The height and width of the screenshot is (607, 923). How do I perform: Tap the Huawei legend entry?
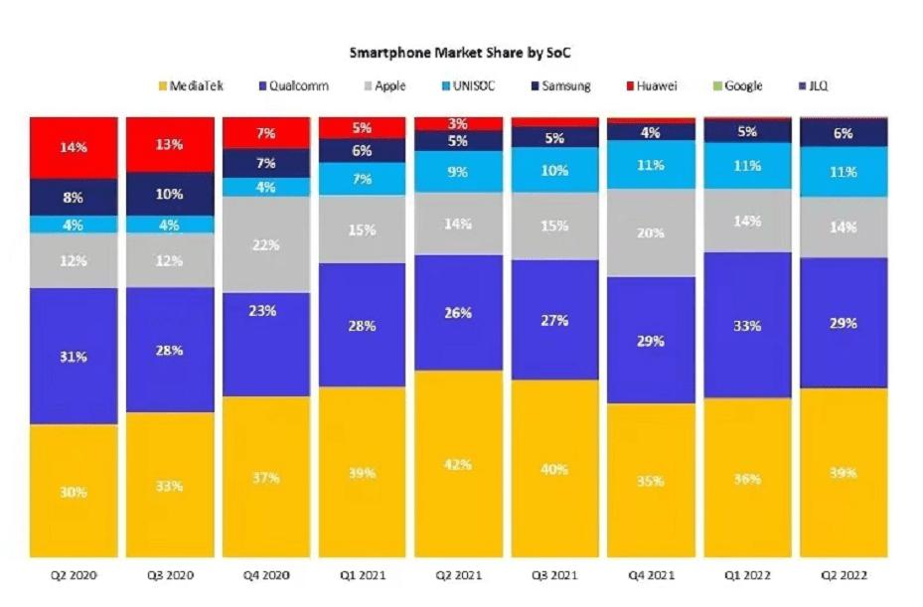pos(652,85)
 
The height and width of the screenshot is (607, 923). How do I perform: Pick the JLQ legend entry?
pos(813,85)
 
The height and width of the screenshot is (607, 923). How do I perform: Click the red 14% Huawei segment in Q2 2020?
pos(74,147)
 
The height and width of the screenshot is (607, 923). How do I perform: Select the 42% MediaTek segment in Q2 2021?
pos(458,464)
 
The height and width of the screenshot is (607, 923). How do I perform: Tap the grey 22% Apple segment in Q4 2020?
pos(265,244)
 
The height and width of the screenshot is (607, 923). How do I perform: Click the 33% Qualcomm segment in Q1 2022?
pos(747,325)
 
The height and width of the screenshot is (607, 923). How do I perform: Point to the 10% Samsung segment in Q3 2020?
pos(169,194)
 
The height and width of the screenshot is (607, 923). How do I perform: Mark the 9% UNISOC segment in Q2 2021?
pos(458,171)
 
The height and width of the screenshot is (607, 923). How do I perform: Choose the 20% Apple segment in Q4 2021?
pos(651,233)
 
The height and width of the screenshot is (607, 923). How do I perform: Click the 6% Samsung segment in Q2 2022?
pos(844,133)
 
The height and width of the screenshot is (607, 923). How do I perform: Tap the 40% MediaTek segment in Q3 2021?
pos(554,467)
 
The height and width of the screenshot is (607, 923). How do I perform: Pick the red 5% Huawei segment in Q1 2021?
pos(362,127)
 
